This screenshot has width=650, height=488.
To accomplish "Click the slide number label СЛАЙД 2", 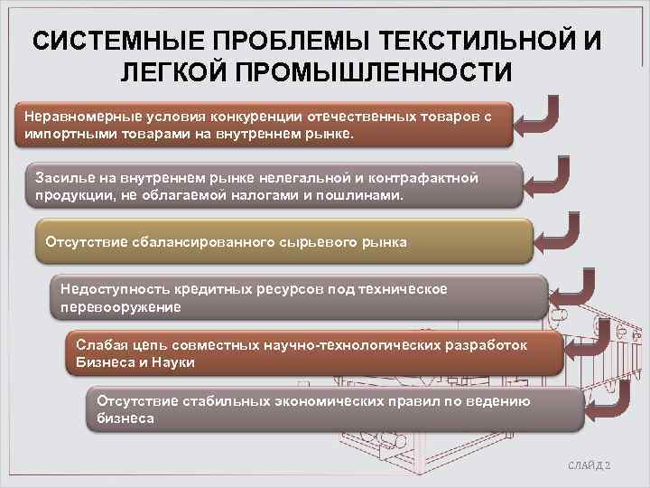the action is pyautogui.click(x=590, y=465).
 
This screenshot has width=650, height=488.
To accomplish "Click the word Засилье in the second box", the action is pyautogui.click(x=60, y=176).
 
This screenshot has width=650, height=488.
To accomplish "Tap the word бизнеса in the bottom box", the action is pyautogui.click(x=125, y=418).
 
